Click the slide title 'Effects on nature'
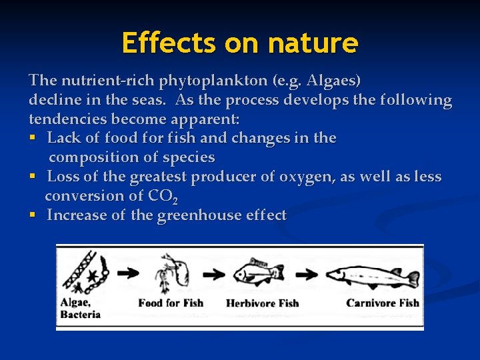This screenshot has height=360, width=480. (x=240, y=43)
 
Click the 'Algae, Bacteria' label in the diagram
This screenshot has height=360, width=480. (x=81, y=309)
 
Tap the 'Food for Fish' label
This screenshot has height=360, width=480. (x=171, y=303)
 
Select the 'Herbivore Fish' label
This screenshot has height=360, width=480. (x=262, y=303)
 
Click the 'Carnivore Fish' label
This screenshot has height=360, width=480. (x=383, y=303)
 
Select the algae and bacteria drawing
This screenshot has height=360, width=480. (x=85, y=273)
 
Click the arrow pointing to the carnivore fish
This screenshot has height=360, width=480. (x=306, y=273)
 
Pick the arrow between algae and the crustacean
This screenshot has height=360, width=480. (x=128, y=273)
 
